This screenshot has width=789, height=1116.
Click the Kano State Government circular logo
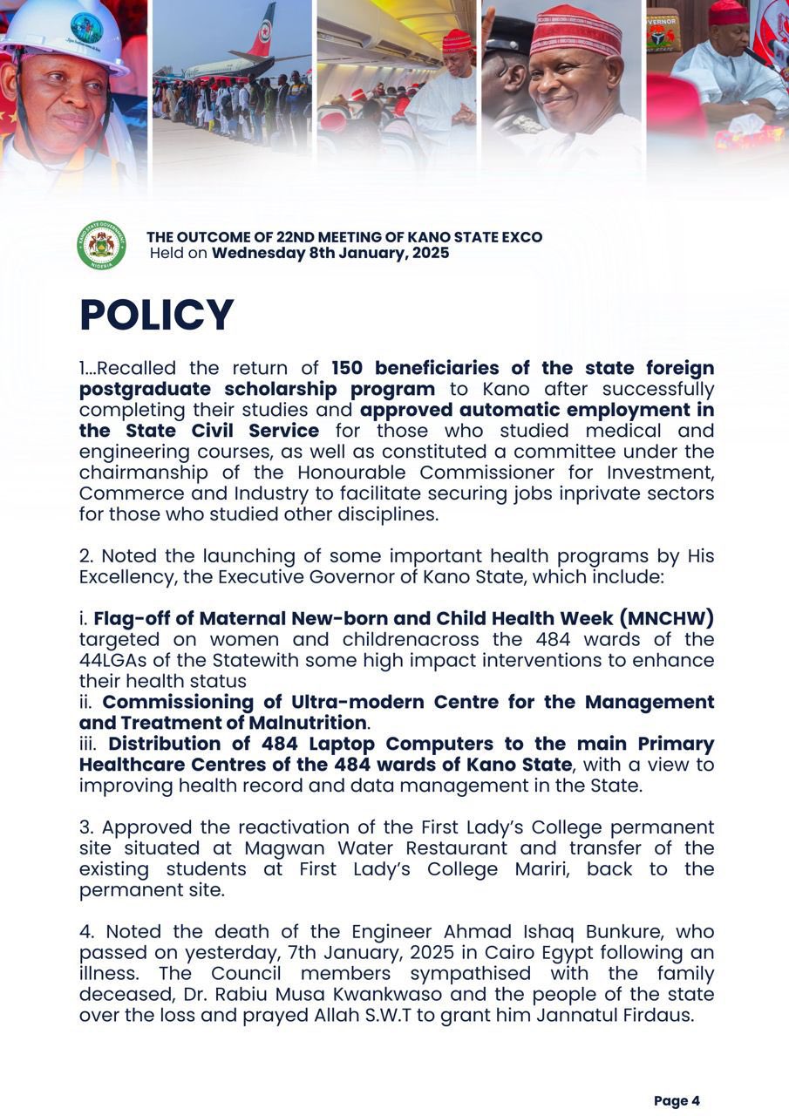click(101, 245)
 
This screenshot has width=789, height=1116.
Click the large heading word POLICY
click(157, 315)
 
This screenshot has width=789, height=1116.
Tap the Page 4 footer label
click(677, 1100)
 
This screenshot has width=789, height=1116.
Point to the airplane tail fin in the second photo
click(262, 31)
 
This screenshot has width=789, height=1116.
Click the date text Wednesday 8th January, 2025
click(330, 254)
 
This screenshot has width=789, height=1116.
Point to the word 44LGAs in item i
click(111, 660)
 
